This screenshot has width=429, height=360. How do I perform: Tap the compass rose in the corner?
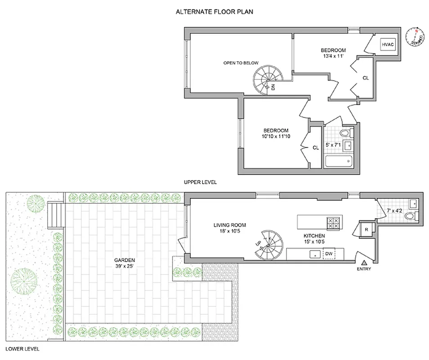pos(414,37)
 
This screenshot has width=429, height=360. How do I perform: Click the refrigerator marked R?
pos(366,229)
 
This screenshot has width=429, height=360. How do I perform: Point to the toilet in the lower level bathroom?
pos(411,216)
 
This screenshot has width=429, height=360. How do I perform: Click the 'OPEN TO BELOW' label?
pos(241,63)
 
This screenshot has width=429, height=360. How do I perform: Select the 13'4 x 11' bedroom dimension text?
pos(333,56)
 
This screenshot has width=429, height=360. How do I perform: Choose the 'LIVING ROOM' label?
pos(230,225)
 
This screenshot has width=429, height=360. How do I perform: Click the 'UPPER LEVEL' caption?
pos(200,182)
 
